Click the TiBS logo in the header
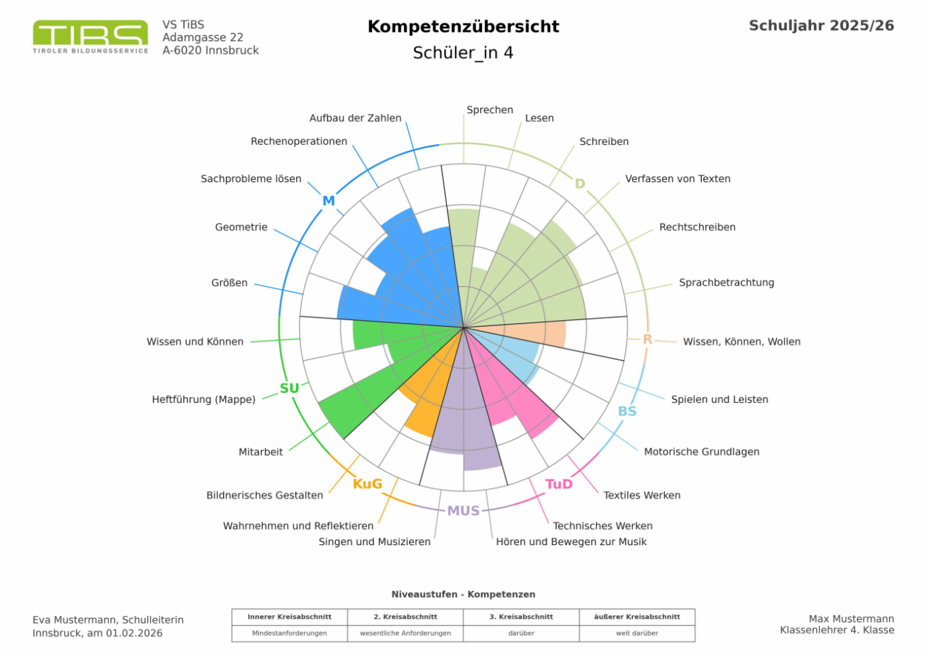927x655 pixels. [90, 36]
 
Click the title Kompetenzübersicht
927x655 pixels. [463, 26]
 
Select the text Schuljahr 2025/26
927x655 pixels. [821, 26]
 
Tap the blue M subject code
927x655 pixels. [328, 201]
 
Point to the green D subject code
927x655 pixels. [580, 183]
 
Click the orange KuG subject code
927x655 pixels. [367, 484]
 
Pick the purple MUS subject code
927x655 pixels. [463, 511]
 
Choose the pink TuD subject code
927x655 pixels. [559, 484]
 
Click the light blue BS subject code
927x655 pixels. [627, 411]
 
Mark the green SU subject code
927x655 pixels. [289, 388]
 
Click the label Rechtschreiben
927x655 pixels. [697, 227]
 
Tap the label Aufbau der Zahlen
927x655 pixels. [355, 118]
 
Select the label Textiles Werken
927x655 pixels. [642, 495]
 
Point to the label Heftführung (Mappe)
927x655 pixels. [204, 400]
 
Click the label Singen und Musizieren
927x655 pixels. [374, 542]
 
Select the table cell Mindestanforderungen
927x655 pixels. [289, 633]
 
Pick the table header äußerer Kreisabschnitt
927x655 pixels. [636, 617]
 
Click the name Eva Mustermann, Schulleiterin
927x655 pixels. [108, 620]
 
